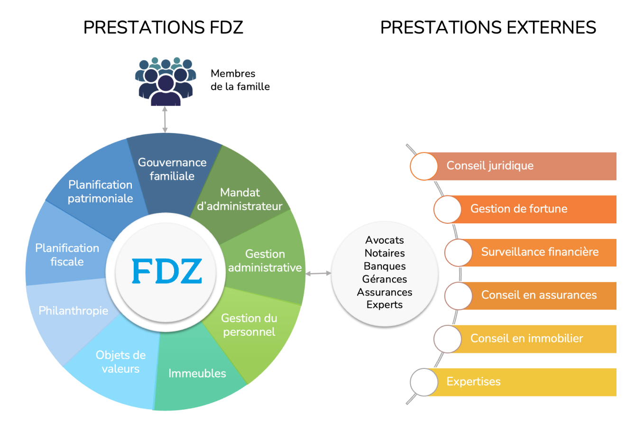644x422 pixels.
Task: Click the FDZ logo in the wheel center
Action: pyautogui.click(x=166, y=271)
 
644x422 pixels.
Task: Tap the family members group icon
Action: pyautogui.click(x=166, y=81)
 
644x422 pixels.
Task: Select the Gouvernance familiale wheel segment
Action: pyautogui.click(x=172, y=169)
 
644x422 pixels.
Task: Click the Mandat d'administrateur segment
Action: pyautogui.click(x=240, y=199)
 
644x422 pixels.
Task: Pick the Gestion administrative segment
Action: pyautogui.click(x=265, y=261)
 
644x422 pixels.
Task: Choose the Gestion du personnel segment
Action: pyautogui.click(x=248, y=325)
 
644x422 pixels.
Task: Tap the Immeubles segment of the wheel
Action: pyautogui.click(x=197, y=373)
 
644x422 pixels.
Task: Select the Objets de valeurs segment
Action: pyautogui.click(x=120, y=361)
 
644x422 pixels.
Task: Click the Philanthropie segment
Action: pyautogui.click(x=73, y=311)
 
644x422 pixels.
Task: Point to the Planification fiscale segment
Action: pyautogui.click(x=67, y=255)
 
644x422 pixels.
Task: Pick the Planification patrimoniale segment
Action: pyautogui.click(x=100, y=192)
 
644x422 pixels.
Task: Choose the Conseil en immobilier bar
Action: pyautogui.click(x=531, y=339)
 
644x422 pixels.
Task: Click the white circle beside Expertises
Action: pyautogui.click(x=423, y=382)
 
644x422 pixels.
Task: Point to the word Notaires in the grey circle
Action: pyautogui.click(x=385, y=253)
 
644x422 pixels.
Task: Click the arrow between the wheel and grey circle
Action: pyautogui.click(x=318, y=274)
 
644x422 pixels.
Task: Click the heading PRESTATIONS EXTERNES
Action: pyautogui.click(x=488, y=28)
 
